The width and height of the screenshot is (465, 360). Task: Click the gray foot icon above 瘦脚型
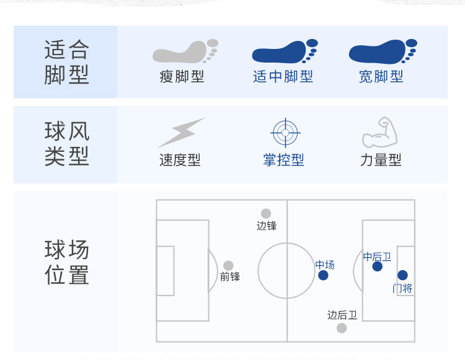click(185, 52)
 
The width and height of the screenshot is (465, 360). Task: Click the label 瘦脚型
click(182, 77)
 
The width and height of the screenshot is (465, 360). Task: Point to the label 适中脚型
click(283, 77)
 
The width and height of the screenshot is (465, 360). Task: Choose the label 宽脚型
click(381, 77)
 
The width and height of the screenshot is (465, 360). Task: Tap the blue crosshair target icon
click(285, 132)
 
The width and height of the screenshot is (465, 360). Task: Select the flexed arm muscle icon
click(379, 132)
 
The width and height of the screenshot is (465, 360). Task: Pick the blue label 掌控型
click(283, 160)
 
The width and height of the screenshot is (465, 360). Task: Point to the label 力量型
click(381, 160)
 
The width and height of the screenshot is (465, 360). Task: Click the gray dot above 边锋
click(266, 214)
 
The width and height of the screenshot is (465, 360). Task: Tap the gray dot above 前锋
click(229, 266)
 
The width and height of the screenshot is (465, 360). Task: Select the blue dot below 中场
click(324, 275)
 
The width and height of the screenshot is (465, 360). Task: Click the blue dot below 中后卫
click(378, 266)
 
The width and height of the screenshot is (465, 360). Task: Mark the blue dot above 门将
click(403, 275)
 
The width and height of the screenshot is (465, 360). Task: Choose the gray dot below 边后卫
click(342, 328)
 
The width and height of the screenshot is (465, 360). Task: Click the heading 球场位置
click(67, 263)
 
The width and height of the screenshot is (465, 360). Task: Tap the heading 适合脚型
click(67, 62)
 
